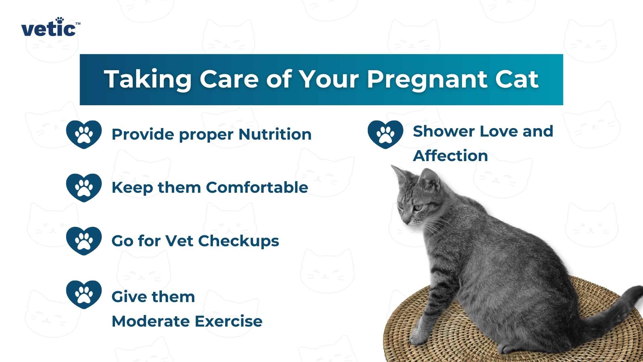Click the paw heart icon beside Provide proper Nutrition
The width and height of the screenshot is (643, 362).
[x=84, y=135]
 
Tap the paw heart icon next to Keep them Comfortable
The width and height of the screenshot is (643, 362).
[x=84, y=188]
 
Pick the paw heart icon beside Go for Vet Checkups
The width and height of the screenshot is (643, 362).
[x=84, y=241]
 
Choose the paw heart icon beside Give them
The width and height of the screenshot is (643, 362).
[x=84, y=295]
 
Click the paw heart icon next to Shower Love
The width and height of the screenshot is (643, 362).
[x=385, y=134]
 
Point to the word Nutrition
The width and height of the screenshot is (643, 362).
[x=275, y=134]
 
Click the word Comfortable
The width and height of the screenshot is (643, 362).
[x=257, y=188]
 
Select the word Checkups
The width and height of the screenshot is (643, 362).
[x=238, y=241]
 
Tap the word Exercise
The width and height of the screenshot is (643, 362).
[x=228, y=321]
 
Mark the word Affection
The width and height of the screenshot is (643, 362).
[x=450, y=156]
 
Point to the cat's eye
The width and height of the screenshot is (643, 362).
[x=417, y=207]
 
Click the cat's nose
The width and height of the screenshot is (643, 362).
[x=406, y=221]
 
